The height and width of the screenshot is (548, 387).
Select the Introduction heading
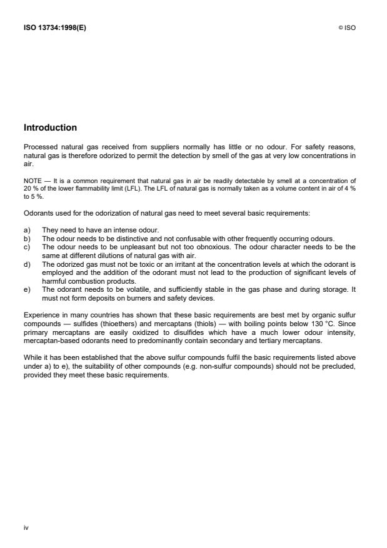(x=50, y=127)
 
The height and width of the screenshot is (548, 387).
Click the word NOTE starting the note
(x=33, y=180)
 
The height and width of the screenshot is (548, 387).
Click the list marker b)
(x=27, y=239)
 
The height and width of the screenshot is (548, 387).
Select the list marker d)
(x=27, y=265)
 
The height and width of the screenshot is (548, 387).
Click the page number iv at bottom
(x=26, y=527)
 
